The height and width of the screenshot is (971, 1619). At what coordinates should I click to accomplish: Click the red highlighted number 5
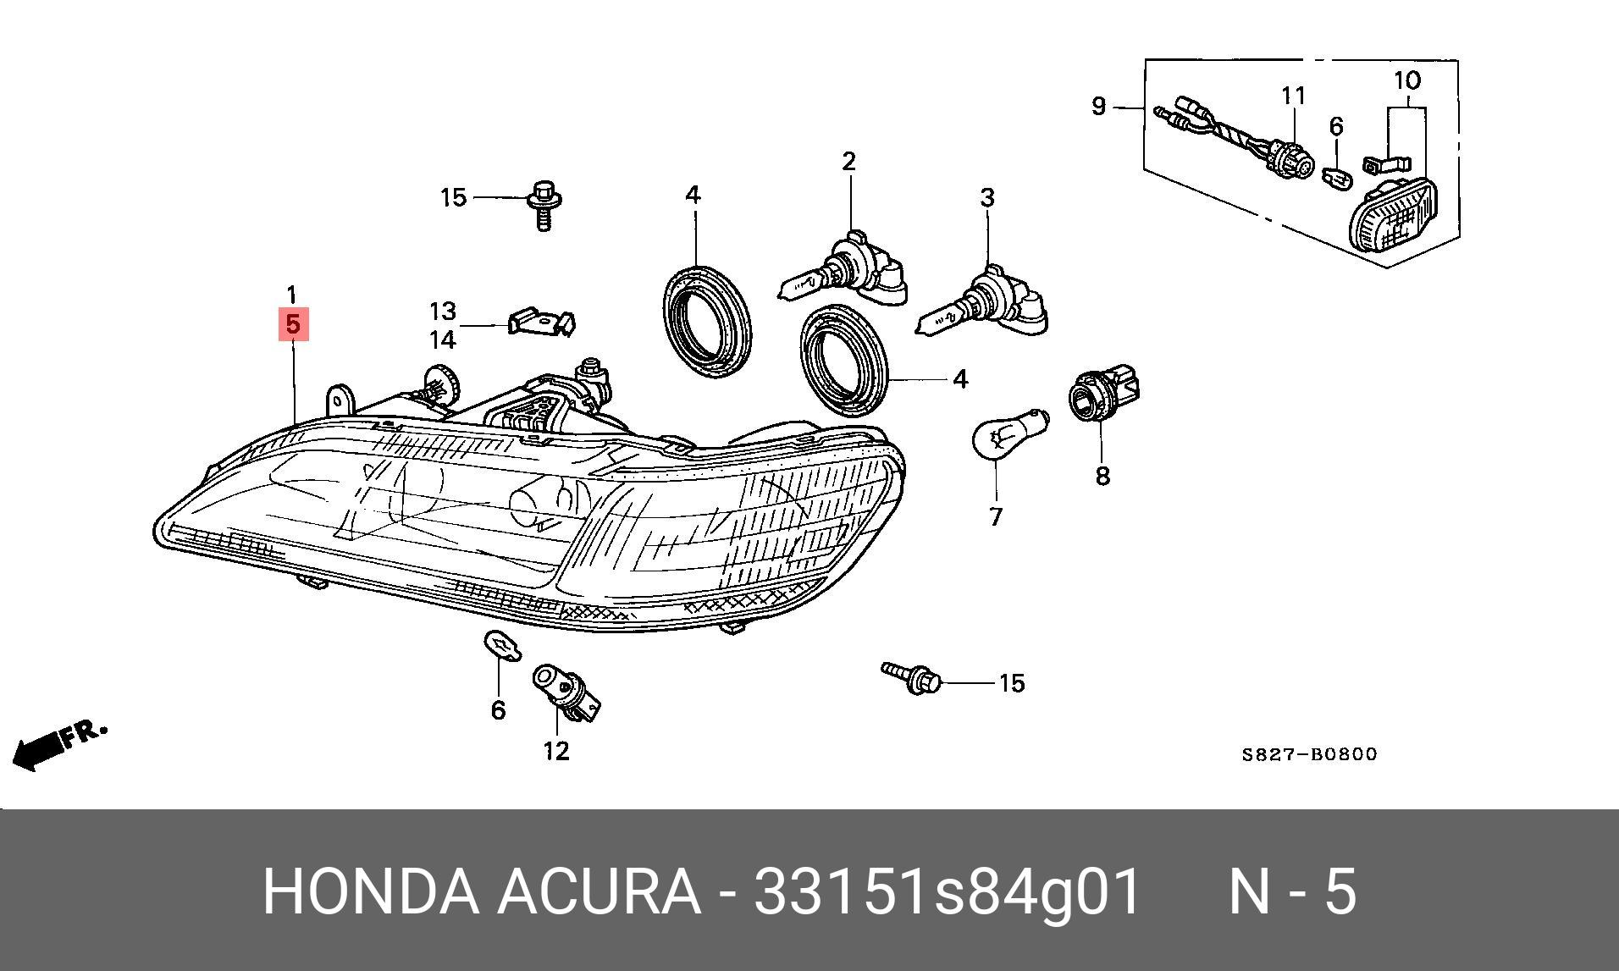click(293, 324)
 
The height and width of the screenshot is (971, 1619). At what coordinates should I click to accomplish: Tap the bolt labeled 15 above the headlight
click(543, 205)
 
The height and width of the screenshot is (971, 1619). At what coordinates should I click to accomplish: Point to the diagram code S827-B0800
click(1309, 753)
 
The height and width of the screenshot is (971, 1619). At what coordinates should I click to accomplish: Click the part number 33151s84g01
click(948, 891)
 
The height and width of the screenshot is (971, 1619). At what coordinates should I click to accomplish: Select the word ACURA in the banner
click(598, 891)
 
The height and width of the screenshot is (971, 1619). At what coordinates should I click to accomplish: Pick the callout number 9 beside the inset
click(1098, 107)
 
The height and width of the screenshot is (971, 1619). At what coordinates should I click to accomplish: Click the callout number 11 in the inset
click(1293, 96)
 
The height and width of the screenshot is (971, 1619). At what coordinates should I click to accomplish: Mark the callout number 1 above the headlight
click(291, 295)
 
